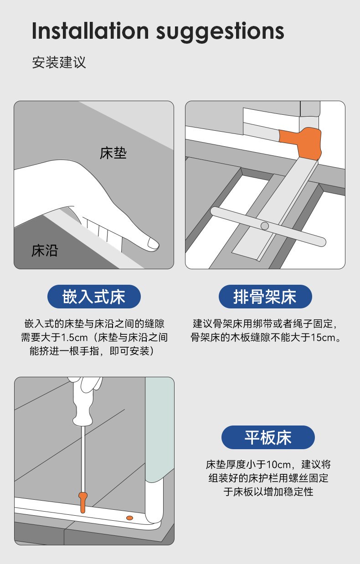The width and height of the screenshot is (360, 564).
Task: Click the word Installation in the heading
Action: click(90, 31)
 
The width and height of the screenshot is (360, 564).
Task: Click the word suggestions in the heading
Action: click(220, 32)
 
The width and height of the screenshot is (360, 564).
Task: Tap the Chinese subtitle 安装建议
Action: click(59, 62)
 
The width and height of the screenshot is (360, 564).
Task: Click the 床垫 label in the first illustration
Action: click(113, 153)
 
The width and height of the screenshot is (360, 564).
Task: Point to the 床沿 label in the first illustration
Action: click(45, 251)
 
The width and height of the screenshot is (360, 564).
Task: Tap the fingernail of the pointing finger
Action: click(153, 244)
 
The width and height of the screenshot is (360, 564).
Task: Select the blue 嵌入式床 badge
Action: click(94, 297)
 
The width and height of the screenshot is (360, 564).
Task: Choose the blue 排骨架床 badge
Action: click(265, 297)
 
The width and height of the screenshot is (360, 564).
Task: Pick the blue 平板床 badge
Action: click(268, 437)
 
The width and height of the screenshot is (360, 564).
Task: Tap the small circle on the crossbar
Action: click(264, 226)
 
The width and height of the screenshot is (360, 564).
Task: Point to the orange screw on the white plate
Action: click(129, 518)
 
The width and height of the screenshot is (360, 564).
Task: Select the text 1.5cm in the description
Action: click(74, 338)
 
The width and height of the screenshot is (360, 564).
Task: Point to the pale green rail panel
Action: click(159, 428)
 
